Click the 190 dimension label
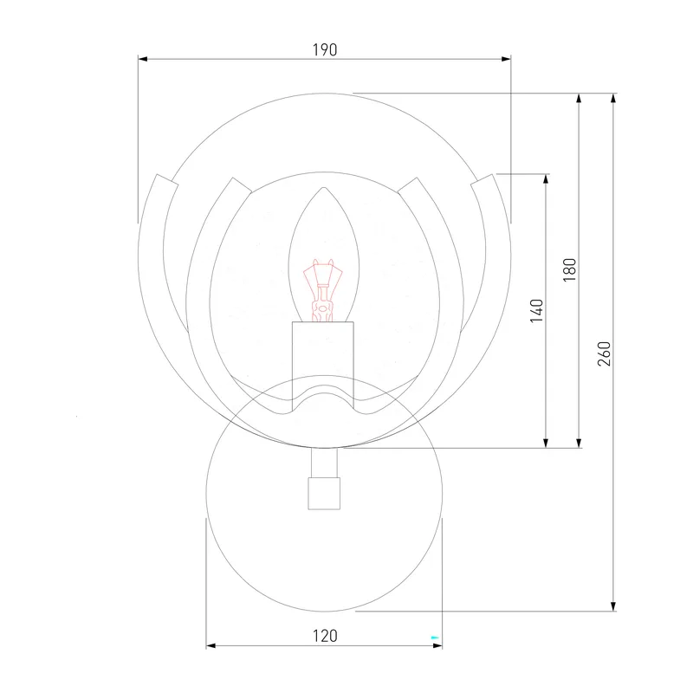(325, 50)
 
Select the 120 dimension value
(325, 636)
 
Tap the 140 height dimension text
(536, 311)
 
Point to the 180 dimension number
(570, 269)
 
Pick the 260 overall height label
(604, 353)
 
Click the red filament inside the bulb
(322, 290)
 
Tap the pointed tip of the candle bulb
(324, 187)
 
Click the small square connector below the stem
(324, 493)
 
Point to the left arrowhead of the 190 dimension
(142, 59)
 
